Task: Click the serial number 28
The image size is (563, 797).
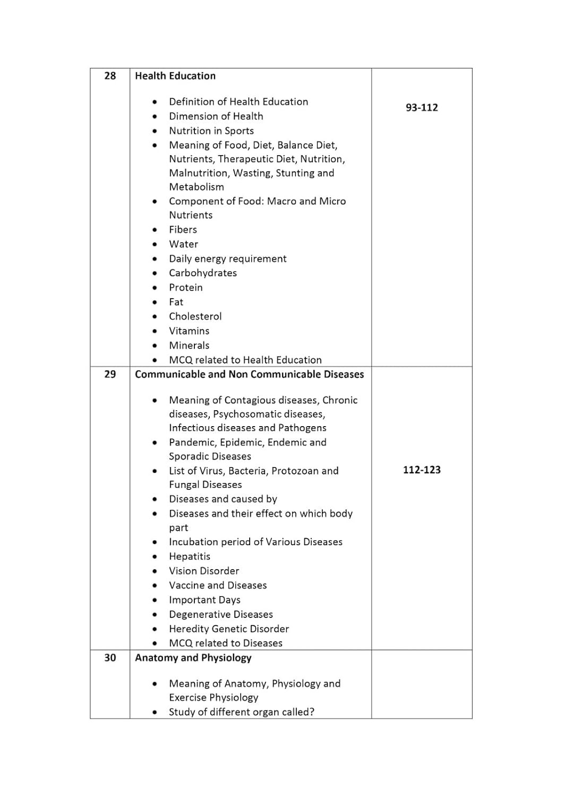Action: pyautogui.click(x=110, y=76)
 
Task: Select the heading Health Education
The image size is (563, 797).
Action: pyautogui.click(x=175, y=76)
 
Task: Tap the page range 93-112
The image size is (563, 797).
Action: pyautogui.click(x=422, y=107)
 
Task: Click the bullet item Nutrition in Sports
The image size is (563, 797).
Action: pyautogui.click(x=211, y=131)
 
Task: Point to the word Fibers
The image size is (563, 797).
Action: pyautogui.click(x=183, y=230)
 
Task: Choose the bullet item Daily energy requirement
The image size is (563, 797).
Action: pyautogui.click(x=227, y=259)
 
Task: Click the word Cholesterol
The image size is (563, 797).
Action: pyautogui.click(x=195, y=316)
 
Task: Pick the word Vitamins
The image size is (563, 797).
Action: pyautogui.click(x=189, y=330)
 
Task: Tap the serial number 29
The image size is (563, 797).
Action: pyautogui.click(x=110, y=374)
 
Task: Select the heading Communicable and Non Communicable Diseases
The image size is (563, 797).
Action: pyautogui.click(x=249, y=374)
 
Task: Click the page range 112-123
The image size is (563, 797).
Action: pyautogui.click(x=422, y=470)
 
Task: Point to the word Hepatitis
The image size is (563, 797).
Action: pyautogui.click(x=190, y=556)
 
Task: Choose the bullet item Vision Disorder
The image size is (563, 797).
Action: pyautogui.click(x=204, y=571)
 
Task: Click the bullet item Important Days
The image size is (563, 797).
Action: pyautogui.click(x=204, y=600)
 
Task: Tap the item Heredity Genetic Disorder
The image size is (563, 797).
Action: pyautogui.click(x=229, y=629)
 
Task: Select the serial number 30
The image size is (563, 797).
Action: pyautogui.click(x=110, y=658)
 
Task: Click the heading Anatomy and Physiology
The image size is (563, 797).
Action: pyautogui.click(x=193, y=658)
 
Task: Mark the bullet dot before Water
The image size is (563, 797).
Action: pyautogui.click(x=155, y=244)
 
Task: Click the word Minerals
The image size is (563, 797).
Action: pyautogui.click(x=189, y=345)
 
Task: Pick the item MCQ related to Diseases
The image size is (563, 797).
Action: pyautogui.click(x=226, y=643)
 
